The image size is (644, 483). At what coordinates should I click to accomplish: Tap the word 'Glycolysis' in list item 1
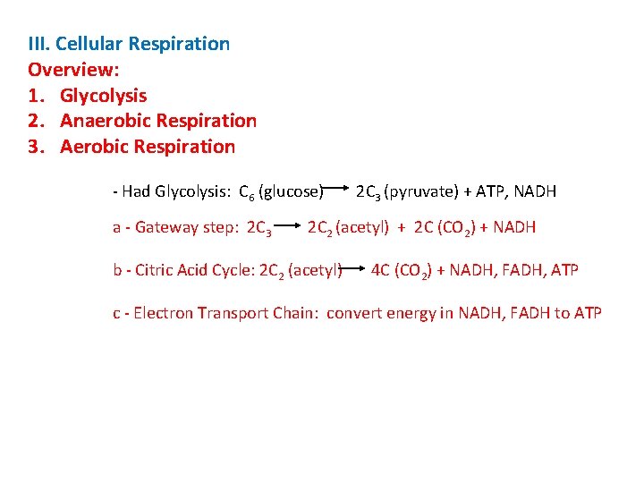tap(104, 95)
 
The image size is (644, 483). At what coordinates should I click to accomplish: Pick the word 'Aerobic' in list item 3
tap(94, 146)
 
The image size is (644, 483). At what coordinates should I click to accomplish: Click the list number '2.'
tap(38, 120)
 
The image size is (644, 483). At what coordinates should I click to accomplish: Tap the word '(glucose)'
tap(290, 191)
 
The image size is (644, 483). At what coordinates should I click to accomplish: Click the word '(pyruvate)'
tap(419, 191)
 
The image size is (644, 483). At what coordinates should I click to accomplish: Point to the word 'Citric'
tap(153, 269)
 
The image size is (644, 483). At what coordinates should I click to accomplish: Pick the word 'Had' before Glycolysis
tap(136, 191)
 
